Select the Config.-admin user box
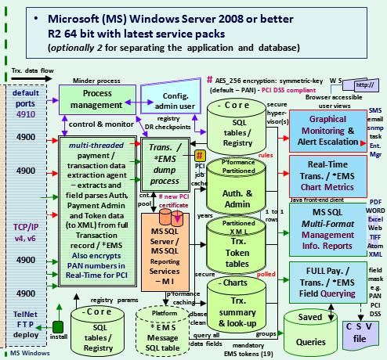point(165,101)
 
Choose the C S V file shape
point(360,320)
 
